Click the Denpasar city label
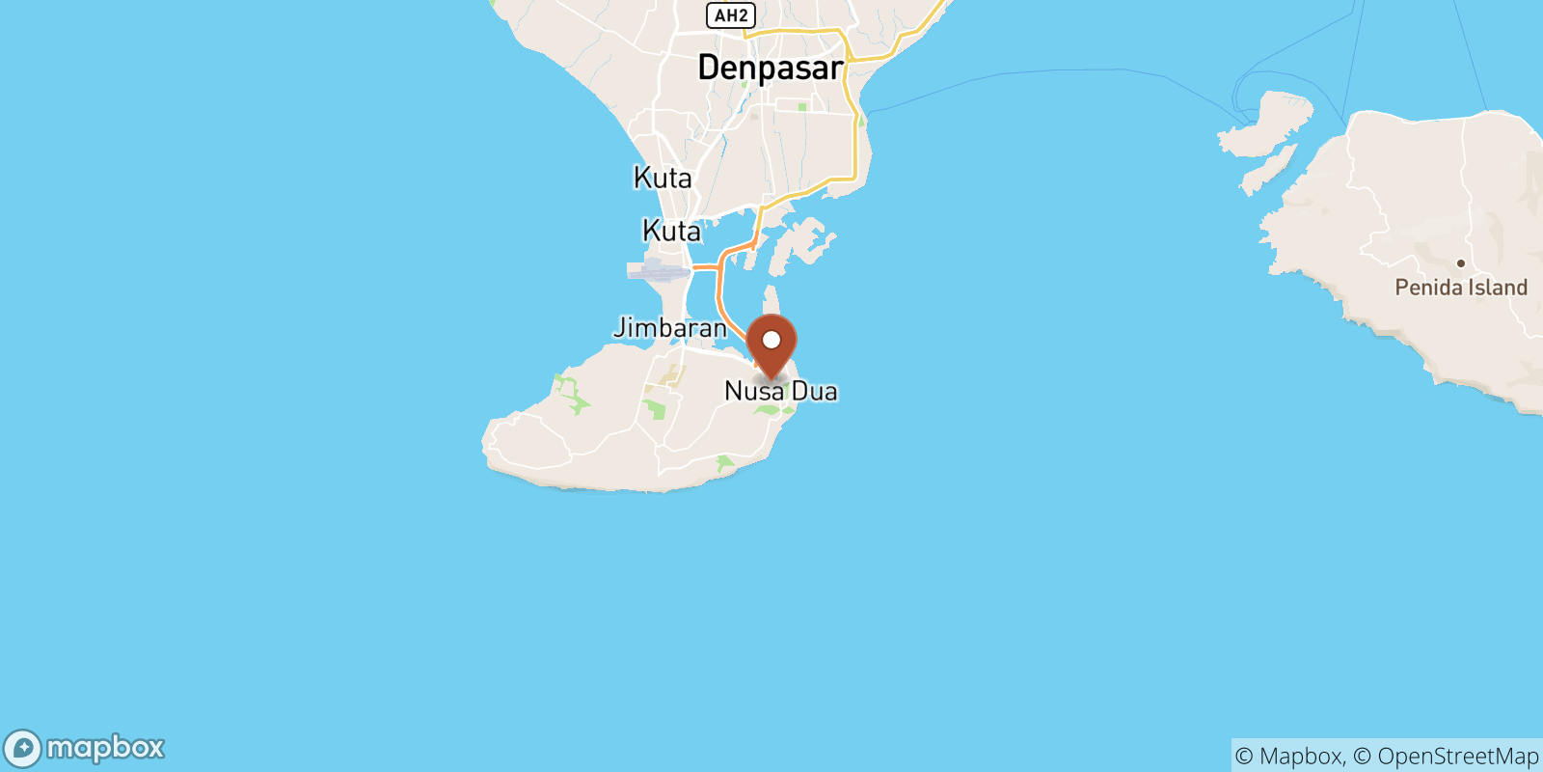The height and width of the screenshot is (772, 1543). [770, 69]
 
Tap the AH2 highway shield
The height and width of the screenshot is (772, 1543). [731, 15]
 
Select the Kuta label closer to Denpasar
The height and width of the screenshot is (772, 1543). [663, 179]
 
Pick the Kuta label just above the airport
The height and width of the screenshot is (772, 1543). [671, 232]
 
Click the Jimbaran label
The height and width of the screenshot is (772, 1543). [670, 328]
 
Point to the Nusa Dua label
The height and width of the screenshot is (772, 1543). [781, 392]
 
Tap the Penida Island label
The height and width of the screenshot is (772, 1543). [1461, 288]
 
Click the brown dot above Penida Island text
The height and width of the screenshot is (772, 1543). [1461, 263]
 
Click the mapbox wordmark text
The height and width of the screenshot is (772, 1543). [106, 748]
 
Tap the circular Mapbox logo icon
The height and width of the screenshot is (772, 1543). [22, 749]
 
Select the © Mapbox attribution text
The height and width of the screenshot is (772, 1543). [1288, 757]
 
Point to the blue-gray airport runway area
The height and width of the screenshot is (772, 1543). [658, 269]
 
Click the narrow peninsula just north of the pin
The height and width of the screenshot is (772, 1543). [771, 299]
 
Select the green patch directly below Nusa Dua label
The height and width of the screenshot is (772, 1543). [769, 411]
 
